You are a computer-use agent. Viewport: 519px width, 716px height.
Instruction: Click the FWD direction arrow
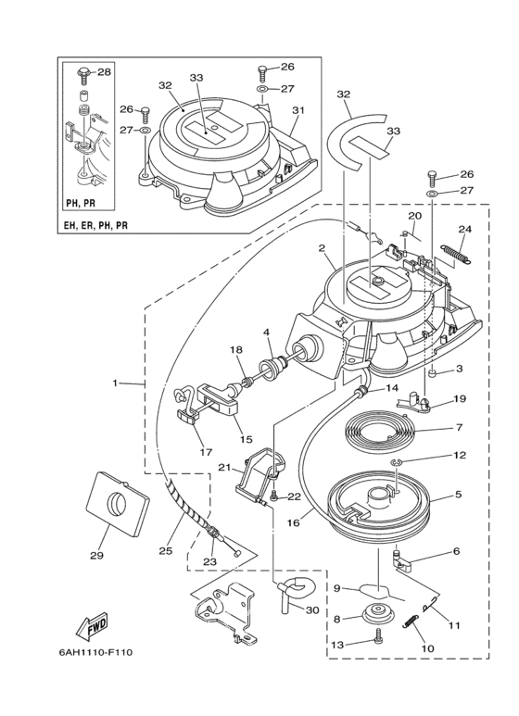(x=93, y=626)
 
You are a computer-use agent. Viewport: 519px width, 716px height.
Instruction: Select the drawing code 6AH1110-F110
(x=95, y=652)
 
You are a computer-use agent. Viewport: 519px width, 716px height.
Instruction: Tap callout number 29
(x=96, y=555)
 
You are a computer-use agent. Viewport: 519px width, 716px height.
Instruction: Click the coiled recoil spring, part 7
(x=380, y=434)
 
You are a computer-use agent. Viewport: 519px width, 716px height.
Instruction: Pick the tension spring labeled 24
(x=456, y=254)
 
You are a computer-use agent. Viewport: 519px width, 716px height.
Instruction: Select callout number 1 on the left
(x=115, y=383)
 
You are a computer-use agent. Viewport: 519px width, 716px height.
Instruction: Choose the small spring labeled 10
(x=411, y=622)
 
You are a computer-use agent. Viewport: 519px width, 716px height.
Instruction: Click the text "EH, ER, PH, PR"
(x=96, y=226)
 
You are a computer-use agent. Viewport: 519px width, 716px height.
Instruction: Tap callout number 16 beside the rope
(x=293, y=522)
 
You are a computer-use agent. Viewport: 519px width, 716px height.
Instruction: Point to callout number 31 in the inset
(x=298, y=110)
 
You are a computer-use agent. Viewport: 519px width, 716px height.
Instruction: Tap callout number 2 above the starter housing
(x=322, y=248)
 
